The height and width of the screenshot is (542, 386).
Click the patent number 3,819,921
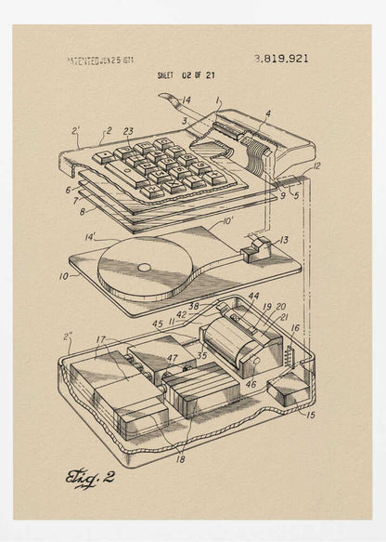pos(281,59)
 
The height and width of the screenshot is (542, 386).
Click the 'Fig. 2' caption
pos(90,478)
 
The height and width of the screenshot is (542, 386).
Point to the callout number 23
pos(128,132)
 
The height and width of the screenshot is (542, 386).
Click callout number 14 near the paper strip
pos(187,100)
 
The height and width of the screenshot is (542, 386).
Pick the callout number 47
pos(173,357)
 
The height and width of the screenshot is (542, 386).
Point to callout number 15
pos(310,415)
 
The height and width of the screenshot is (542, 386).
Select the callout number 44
pos(253,297)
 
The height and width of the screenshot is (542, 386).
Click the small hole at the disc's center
pos(144,268)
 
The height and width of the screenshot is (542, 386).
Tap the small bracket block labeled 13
pos(258,249)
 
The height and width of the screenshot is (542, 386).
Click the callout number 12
pos(315,166)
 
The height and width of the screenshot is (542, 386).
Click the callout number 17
pos(101,339)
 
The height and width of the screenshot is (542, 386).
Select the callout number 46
pos(251,382)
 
